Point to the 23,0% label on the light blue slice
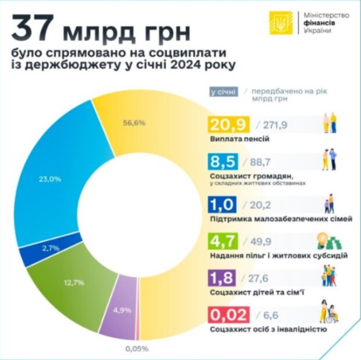pos(50,179)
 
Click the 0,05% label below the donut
pos(137,348)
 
